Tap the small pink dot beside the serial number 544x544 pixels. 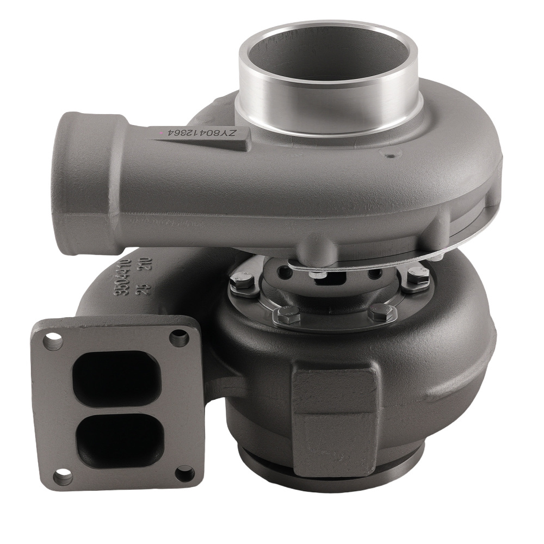tap(159, 132)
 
